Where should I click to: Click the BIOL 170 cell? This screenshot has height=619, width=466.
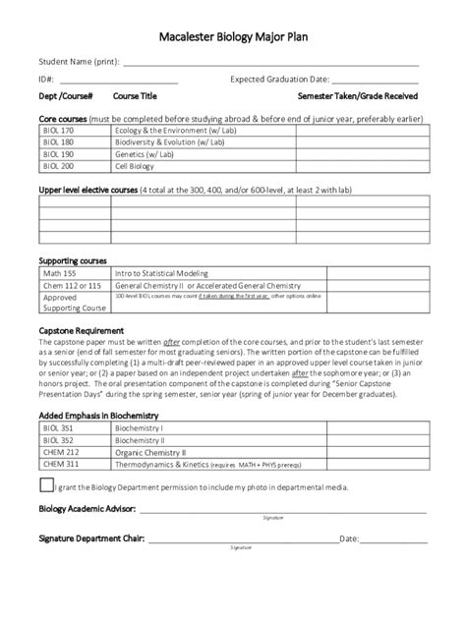coord(56,129)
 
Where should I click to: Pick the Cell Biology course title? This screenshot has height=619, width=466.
coord(134,167)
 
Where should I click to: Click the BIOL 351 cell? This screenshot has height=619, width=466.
coord(56,427)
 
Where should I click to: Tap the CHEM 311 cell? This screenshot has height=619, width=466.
coord(58,466)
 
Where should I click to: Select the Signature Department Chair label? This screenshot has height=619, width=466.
coord(90,538)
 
